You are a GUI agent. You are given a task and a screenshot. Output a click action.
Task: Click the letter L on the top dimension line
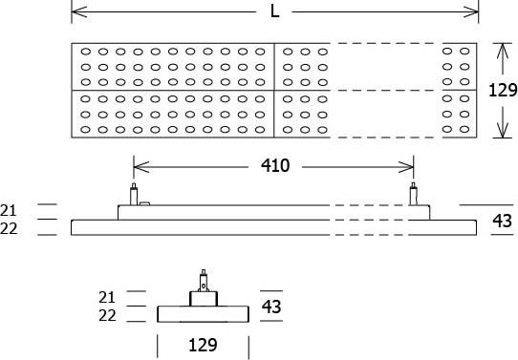point(275,11)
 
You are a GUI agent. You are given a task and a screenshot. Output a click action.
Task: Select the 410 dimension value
point(275,165)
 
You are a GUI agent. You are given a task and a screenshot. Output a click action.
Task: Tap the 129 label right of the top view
point(503,91)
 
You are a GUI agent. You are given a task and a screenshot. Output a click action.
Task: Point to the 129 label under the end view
point(202,344)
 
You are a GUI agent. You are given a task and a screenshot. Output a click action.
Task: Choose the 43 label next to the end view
point(271,307)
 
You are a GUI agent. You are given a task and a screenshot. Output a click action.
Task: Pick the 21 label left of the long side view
point(10,209)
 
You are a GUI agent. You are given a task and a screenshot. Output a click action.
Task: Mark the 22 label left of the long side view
point(10,228)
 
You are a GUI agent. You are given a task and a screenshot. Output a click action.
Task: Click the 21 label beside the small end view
point(106,296)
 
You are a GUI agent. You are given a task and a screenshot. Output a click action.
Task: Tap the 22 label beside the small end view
point(106,315)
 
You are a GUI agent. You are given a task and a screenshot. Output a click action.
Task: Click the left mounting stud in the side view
point(134,193)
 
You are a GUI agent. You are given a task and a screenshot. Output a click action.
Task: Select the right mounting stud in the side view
point(414,193)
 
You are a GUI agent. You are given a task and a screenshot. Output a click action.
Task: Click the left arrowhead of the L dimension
point(76,11)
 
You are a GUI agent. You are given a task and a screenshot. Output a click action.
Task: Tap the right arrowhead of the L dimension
point(474,11)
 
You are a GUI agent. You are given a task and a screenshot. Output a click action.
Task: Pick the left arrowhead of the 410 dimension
point(138,165)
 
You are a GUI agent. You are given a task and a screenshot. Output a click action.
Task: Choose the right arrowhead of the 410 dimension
point(410,165)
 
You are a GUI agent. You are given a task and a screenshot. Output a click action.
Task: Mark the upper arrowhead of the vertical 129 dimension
point(503,48)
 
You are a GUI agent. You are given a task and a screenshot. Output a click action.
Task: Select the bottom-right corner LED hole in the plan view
point(465,129)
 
